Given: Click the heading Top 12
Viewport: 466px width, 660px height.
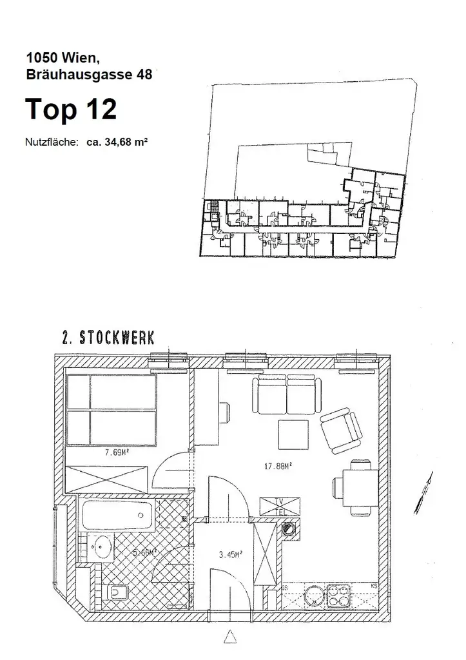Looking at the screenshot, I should [x=71, y=110].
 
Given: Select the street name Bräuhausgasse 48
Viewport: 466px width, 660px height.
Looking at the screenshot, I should [x=89, y=75].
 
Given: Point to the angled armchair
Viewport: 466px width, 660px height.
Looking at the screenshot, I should [x=340, y=431].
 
